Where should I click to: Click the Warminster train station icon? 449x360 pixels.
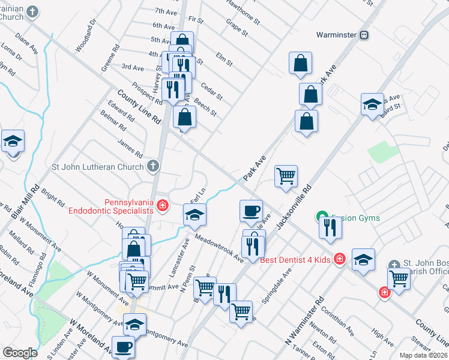point(364,35)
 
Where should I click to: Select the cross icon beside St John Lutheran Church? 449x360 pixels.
point(153,166)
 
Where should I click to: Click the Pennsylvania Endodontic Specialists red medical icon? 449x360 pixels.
point(162,206)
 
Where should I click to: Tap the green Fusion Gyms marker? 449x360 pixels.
point(322,217)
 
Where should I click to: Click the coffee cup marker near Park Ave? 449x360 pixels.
point(251,211)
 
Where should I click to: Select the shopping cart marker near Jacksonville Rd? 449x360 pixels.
point(286,176)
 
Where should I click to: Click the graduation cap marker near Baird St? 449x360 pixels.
point(372,104)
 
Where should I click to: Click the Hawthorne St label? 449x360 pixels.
point(243,11)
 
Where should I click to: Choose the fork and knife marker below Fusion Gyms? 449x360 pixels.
point(330,227)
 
